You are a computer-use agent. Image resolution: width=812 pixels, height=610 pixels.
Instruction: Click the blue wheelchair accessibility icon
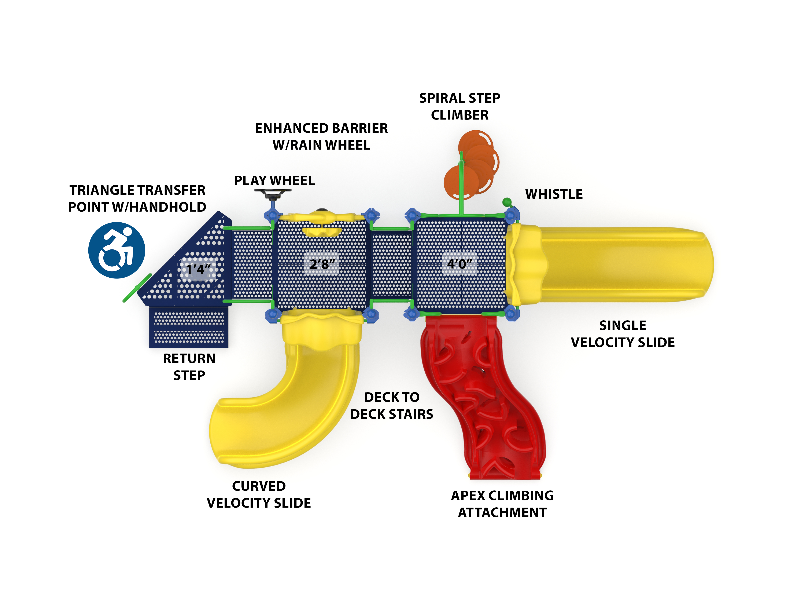[x=117, y=250]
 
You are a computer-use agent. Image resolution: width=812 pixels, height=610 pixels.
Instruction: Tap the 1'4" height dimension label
[x=198, y=269]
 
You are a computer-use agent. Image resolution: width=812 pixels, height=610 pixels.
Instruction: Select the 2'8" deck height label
[x=322, y=264]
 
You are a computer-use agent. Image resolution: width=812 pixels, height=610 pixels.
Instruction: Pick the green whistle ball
[x=507, y=202]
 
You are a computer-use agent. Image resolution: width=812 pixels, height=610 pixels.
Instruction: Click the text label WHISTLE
[x=554, y=194]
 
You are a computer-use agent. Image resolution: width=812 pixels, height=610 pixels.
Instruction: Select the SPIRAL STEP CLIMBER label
[x=459, y=106]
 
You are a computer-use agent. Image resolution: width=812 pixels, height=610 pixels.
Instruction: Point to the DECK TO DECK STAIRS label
[x=391, y=405]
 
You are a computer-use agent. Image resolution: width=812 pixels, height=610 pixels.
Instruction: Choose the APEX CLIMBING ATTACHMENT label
[x=502, y=504]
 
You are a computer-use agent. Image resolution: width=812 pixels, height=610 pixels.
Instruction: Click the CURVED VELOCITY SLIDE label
[x=259, y=494]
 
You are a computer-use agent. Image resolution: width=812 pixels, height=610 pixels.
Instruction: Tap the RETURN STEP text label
[x=189, y=366]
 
